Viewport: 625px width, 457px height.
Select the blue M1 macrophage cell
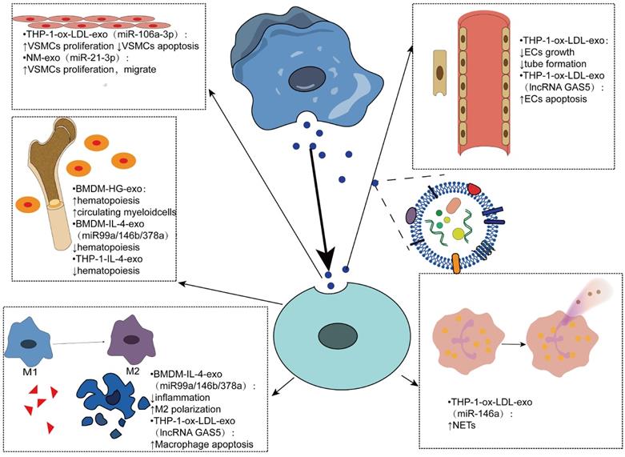[x=29, y=342]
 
